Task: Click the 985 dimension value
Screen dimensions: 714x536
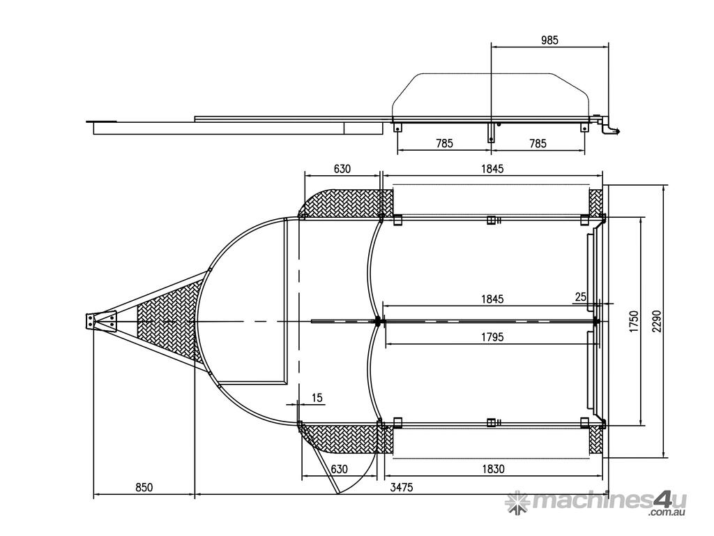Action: pos(549,40)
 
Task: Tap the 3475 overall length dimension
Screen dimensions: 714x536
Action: pos(402,487)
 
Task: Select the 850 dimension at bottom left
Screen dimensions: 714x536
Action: pos(144,487)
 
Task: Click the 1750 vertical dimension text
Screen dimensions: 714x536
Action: pos(635,321)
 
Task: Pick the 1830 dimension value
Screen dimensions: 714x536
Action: pos(493,468)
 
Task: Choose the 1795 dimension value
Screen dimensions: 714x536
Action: pos(492,337)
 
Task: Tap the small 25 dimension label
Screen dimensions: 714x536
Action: pos(581,297)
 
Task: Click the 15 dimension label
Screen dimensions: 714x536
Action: pos(317,397)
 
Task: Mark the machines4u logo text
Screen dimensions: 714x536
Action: pos(609,501)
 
